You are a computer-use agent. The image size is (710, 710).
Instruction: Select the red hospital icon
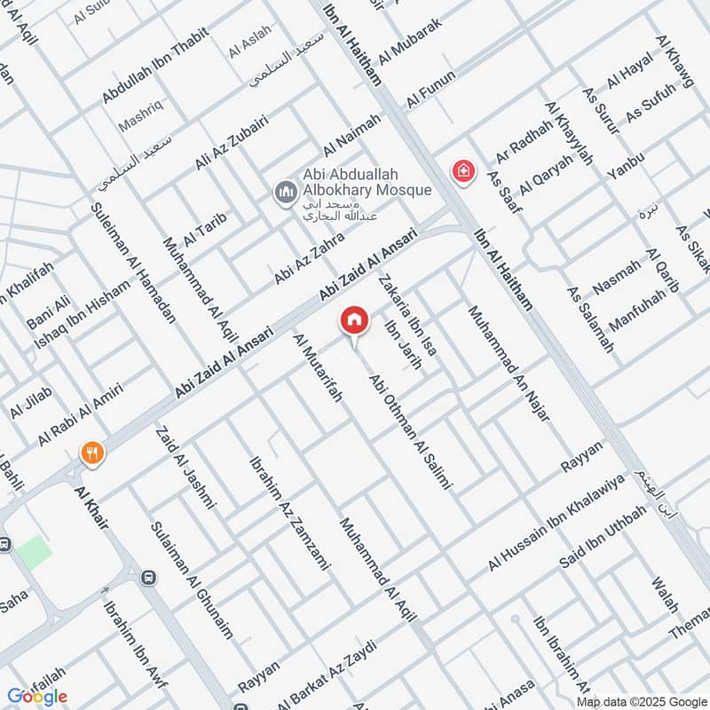click(461, 171)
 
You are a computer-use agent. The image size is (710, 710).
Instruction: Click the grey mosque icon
click(285, 192)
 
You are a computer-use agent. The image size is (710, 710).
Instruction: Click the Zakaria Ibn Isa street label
click(407, 315)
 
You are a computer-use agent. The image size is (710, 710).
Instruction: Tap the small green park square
click(33, 552)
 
